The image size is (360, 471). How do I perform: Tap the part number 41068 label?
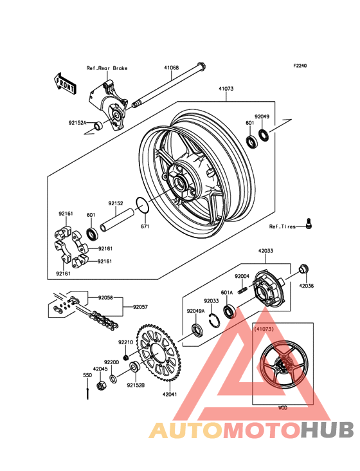pyautogui.click(x=171, y=68)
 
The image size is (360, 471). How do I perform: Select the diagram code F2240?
pyautogui.click(x=300, y=66)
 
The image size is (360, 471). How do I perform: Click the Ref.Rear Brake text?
pyautogui.click(x=107, y=68)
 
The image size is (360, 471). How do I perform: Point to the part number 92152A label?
pyautogui.click(x=77, y=122)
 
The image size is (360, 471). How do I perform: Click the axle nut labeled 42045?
pyautogui.click(x=101, y=385)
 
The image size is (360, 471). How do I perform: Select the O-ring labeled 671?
pyautogui.click(x=142, y=205)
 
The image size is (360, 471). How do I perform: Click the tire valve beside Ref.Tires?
pyautogui.click(x=308, y=224)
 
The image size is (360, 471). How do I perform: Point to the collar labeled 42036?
pyautogui.click(x=304, y=269)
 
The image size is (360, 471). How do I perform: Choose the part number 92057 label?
pyautogui.click(x=140, y=307)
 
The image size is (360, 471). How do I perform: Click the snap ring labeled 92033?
pyautogui.click(x=214, y=320)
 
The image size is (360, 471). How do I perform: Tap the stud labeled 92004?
pyautogui.click(x=243, y=290)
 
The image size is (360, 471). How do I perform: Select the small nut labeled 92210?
pyautogui.click(x=127, y=356)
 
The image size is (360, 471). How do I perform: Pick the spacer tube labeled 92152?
pyautogui.click(x=117, y=220)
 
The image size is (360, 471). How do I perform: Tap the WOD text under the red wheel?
pyautogui.click(x=283, y=407)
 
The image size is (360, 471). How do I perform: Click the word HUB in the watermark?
pyautogui.click(x=328, y=430)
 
